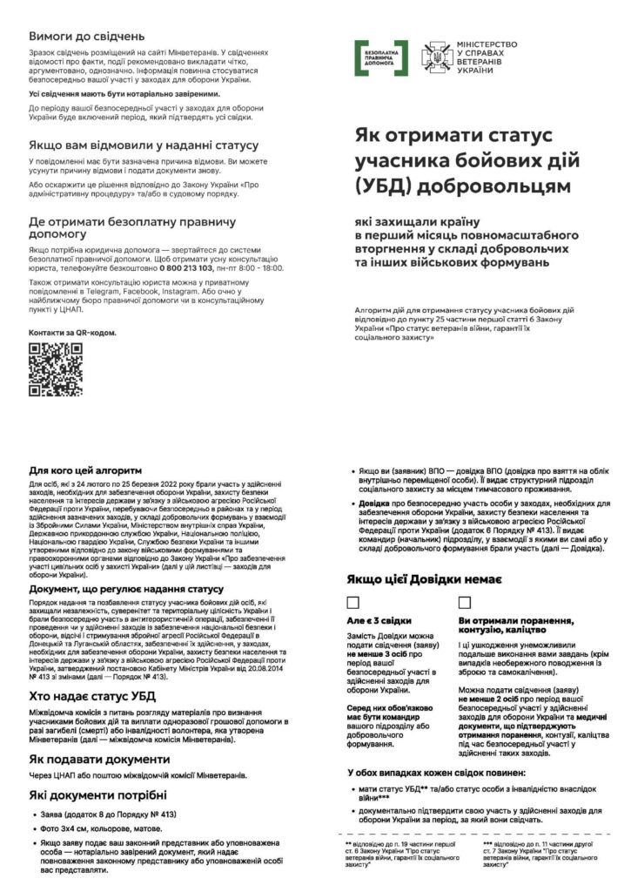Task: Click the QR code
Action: (56, 369)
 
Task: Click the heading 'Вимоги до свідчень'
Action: (86, 36)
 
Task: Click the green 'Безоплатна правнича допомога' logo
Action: (381, 57)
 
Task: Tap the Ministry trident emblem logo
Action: (434, 57)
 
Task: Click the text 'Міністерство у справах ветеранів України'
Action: (487, 57)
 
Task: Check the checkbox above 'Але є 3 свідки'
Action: (353, 602)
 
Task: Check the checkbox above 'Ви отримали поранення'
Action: (465, 602)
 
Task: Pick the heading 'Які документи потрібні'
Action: (97, 795)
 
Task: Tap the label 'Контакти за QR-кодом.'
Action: (72, 333)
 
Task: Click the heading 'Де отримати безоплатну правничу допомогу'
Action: (131, 228)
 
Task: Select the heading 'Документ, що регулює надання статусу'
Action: (125, 589)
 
